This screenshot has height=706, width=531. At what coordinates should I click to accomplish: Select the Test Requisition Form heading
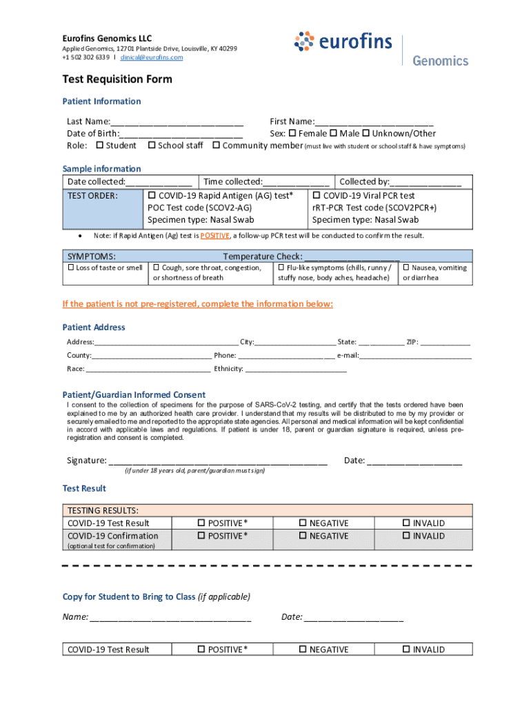117,79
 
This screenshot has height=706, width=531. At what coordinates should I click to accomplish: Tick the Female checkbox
292,133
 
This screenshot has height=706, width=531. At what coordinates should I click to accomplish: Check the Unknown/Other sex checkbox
366,133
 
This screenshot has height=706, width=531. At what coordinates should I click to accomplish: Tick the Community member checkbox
217,145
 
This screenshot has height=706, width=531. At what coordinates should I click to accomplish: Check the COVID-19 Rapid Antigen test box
152,196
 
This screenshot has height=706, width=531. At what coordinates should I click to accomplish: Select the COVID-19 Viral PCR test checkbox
317,196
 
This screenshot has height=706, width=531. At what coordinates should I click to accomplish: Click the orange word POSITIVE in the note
214,236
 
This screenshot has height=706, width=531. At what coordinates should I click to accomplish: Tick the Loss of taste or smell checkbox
70,268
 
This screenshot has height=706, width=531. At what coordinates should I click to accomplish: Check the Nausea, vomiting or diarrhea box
406,268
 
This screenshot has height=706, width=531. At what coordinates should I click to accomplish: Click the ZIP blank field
445,342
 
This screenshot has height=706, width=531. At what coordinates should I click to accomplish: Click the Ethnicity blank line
296,369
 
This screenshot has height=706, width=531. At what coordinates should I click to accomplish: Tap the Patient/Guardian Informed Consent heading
134,394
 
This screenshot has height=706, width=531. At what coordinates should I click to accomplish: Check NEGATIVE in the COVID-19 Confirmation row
303,536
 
